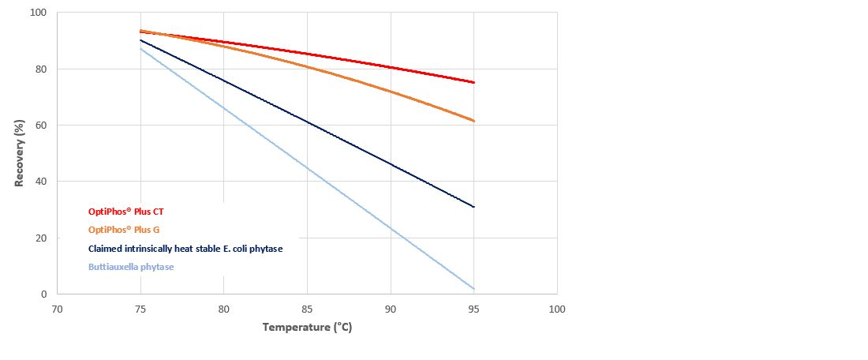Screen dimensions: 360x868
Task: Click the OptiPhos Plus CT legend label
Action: [126, 212]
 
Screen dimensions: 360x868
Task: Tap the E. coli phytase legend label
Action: [185, 249]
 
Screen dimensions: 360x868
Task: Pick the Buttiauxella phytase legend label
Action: [131, 267]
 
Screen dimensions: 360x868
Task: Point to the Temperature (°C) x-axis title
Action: [307, 327]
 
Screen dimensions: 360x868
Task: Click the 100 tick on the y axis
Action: [39, 13]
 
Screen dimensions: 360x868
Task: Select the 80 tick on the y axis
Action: [41, 69]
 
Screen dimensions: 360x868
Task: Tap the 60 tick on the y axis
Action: [41, 126]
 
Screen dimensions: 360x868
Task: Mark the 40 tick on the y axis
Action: [41, 182]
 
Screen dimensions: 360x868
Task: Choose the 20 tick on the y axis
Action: [41, 238]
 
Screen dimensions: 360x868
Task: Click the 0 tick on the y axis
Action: [44, 294]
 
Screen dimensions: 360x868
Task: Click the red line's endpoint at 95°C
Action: [473, 82]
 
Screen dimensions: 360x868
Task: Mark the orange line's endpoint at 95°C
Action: [473, 121]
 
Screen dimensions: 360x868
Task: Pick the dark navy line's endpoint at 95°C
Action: [473, 207]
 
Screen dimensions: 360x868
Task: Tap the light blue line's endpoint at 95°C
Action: [473, 288]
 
